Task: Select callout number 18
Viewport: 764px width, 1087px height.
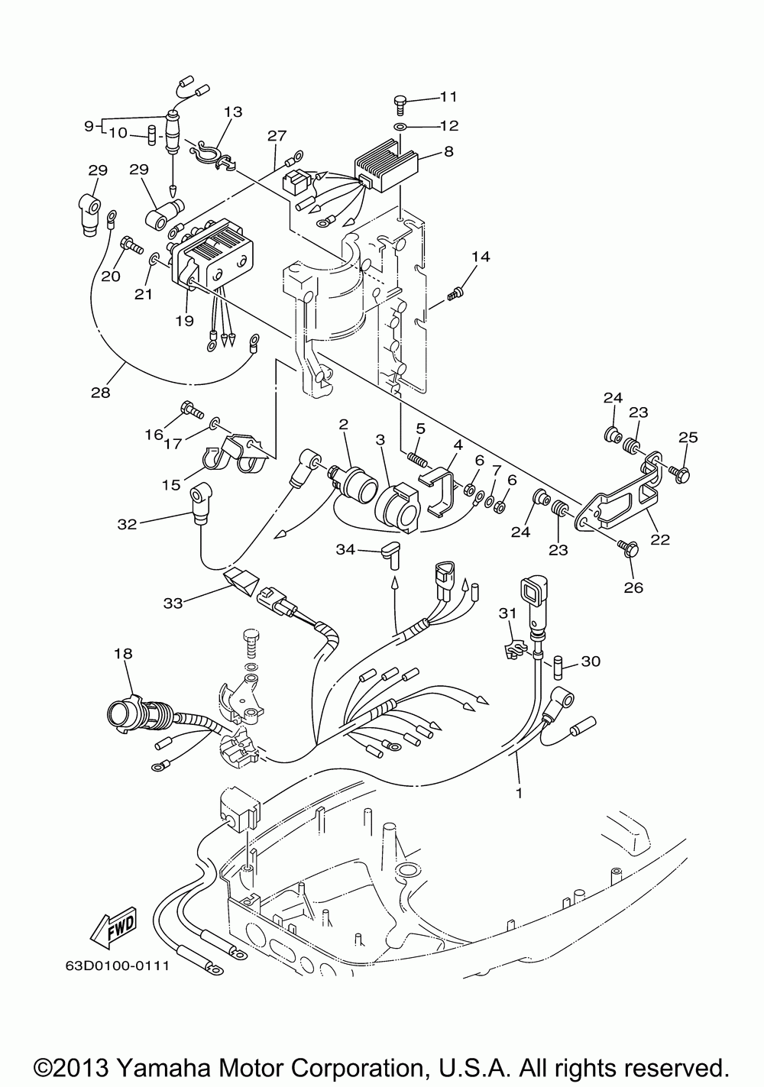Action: coord(123,654)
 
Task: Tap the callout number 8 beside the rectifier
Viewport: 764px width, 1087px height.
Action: coord(448,151)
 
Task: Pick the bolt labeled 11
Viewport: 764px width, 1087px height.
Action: coord(401,101)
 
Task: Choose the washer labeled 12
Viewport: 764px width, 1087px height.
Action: coord(401,125)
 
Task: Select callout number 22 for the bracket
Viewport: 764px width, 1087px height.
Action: coord(659,539)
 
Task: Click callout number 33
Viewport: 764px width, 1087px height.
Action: coord(173,603)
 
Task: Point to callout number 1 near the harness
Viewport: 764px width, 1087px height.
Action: coord(519,793)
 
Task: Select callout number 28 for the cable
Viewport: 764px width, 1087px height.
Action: coord(101,393)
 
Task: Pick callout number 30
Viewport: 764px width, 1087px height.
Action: coord(591,661)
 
